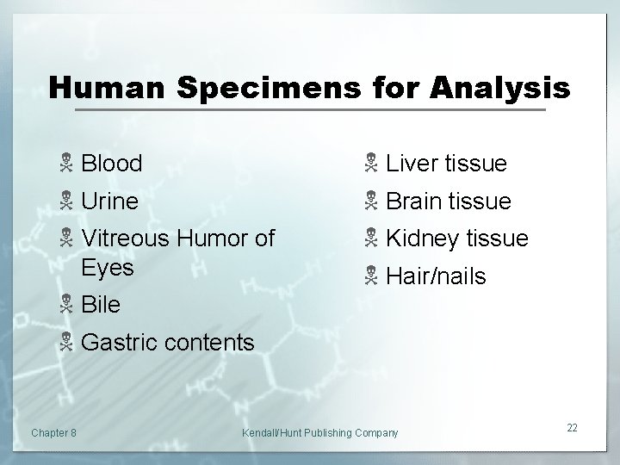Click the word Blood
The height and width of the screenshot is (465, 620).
pos(112,163)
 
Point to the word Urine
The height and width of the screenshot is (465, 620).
pos(109,201)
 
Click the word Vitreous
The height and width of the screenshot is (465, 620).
pos(131,238)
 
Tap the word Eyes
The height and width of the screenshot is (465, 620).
pos(108,268)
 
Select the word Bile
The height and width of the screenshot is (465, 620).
pos(101,305)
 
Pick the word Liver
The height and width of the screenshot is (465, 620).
pos(412,163)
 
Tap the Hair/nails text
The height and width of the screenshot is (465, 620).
pos(437,276)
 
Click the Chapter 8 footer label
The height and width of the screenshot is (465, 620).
pos(53,431)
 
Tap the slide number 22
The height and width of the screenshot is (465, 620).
pos(573,428)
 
